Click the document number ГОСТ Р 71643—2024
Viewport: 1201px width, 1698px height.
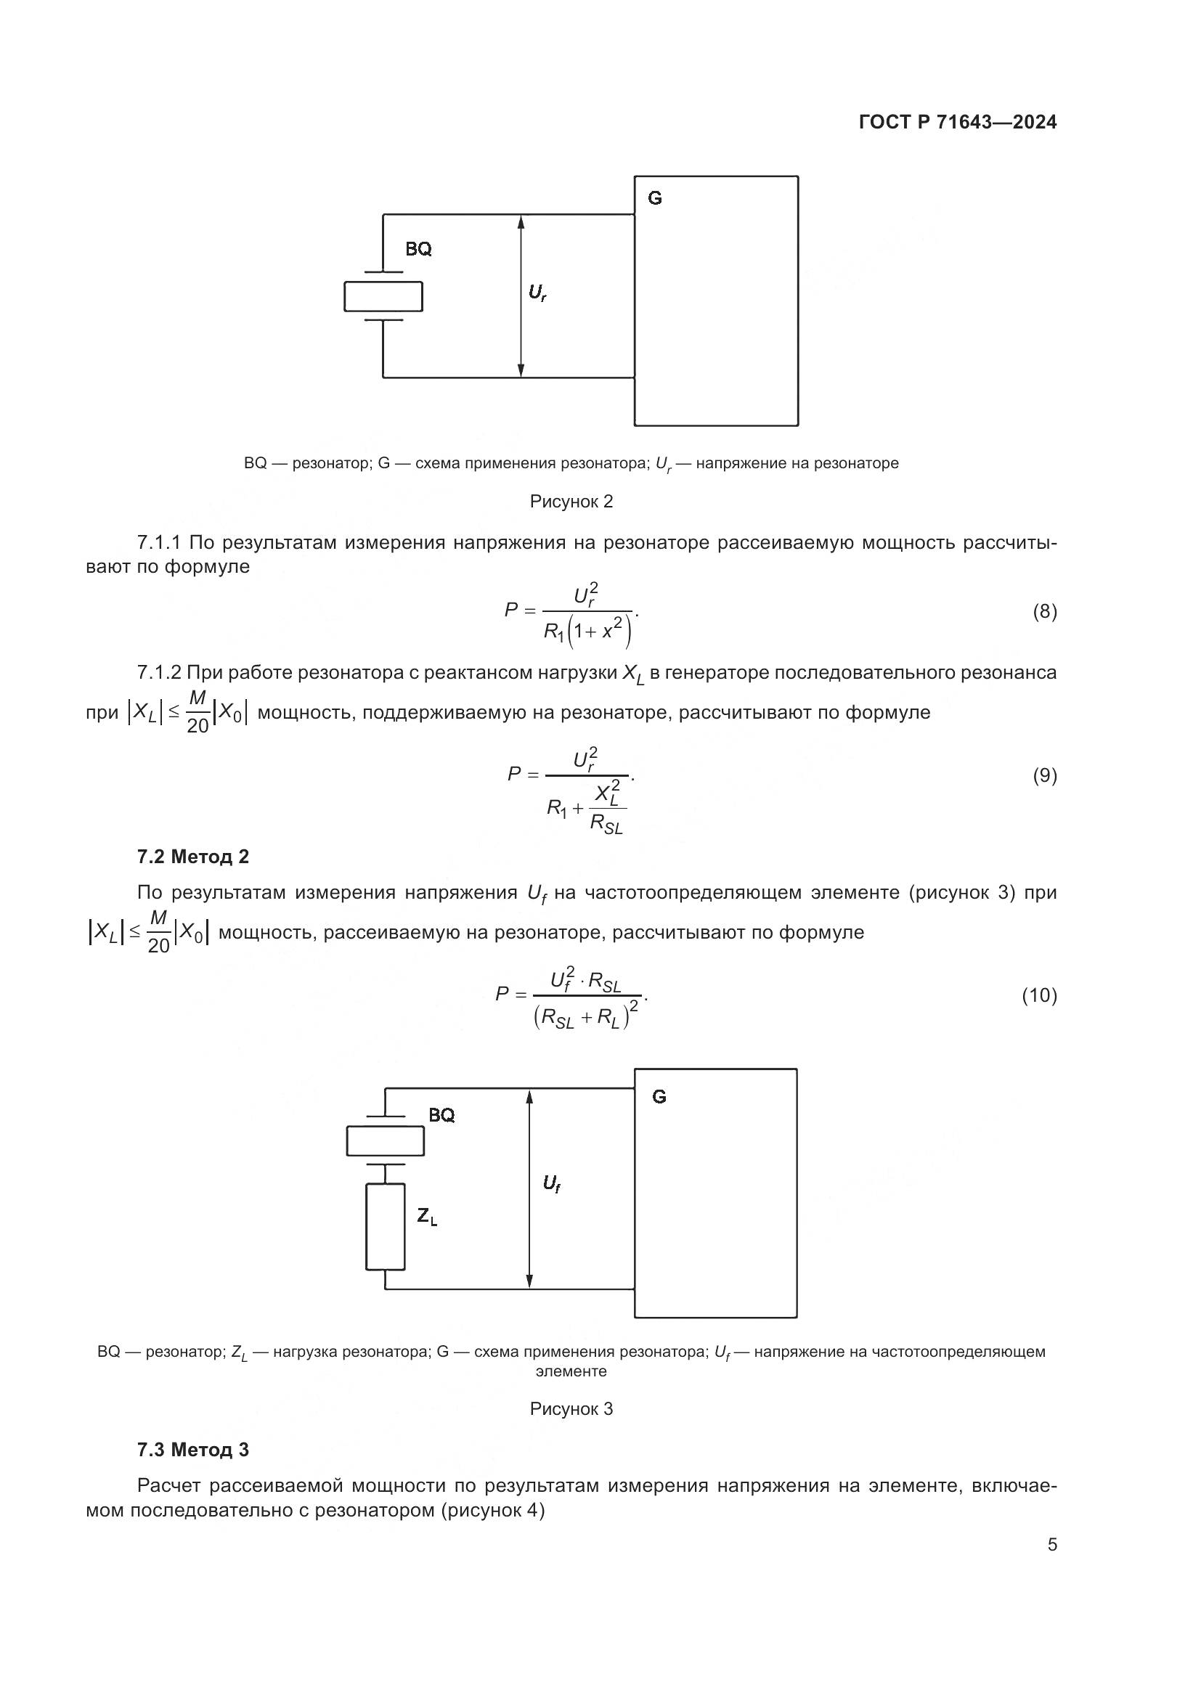(x=958, y=122)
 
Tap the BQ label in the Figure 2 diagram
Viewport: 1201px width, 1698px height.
(x=418, y=249)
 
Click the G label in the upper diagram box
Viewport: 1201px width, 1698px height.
(x=654, y=198)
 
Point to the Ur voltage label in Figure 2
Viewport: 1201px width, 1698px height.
(x=537, y=293)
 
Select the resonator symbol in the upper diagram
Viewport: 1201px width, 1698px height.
(x=383, y=297)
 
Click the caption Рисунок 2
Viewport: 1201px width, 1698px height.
(x=571, y=502)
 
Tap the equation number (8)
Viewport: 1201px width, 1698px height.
(x=1044, y=611)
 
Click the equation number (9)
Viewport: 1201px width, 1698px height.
(x=1044, y=775)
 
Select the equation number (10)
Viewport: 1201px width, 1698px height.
(x=1039, y=995)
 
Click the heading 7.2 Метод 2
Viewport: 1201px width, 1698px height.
(x=193, y=857)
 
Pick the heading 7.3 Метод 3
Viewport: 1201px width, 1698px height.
(x=193, y=1450)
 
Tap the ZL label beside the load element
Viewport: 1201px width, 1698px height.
(x=427, y=1216)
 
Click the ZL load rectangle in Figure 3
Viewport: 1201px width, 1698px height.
(x=386, y=1226)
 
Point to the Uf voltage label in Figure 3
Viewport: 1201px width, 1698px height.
(x=551, y=1184)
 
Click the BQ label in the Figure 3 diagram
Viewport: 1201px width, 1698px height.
(x=441, y=1115)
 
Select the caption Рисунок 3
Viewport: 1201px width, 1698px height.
(x=571, y=1409)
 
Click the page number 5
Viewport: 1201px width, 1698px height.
(x=1052, y=1545)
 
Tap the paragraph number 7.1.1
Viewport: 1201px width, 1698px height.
(x=159, y=543)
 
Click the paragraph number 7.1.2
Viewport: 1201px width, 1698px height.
(x=159, y=672)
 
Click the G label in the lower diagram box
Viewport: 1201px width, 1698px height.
(x=659, y=1097)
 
